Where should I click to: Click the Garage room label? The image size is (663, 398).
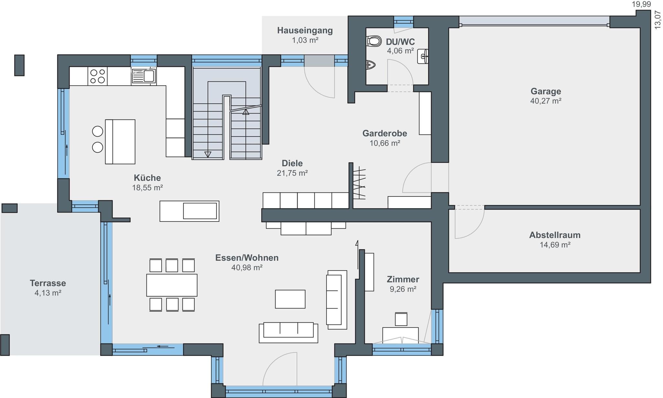(x=546, y=91)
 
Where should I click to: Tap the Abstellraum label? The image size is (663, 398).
(x=555, y=235)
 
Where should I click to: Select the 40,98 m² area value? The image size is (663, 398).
(x=247, y=267)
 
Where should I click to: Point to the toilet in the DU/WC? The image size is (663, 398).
(x=374, y=41)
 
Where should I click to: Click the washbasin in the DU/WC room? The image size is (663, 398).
(x=423, y=56)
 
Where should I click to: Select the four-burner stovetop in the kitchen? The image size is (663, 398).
(x=97, y=76)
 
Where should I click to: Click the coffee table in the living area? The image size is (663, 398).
(x=290, y=299)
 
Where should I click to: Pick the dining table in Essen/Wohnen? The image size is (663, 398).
(x=172, y=285)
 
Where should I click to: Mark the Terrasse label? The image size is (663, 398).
(x=48, y=283)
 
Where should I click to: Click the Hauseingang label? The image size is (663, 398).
(x=305, y=30)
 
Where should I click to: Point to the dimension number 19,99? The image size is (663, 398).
(x=642, y=4)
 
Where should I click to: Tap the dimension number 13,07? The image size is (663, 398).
(x=658, y=20)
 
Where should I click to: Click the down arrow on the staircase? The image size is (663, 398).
(x=208, y=154)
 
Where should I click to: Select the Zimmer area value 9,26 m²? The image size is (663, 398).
(x=403, y=289)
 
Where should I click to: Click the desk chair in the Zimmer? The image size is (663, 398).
(x=401, y=319)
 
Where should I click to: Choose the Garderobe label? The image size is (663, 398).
(x=385, y=133)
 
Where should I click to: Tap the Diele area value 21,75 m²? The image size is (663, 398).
(x=292, y=173)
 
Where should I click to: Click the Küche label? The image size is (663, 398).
(x=147, y=178)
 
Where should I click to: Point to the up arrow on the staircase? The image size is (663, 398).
(x=246, y=112)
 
